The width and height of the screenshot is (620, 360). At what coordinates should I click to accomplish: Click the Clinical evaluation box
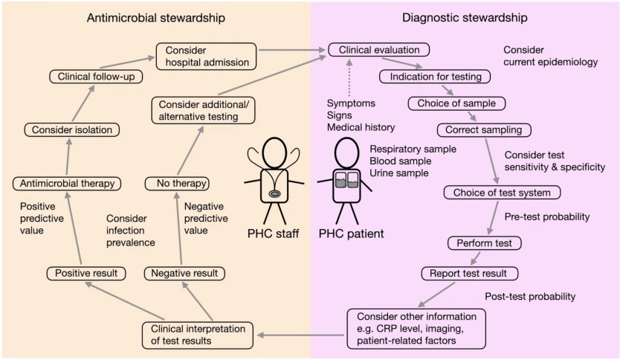pos(379,50)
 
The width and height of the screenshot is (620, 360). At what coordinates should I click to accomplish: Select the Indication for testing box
pos(435,77)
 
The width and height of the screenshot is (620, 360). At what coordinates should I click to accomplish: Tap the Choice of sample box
pos(456,103)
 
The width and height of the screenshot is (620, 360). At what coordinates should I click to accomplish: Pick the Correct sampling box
pos(484,129)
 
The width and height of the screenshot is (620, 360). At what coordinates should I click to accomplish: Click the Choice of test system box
pos(502,193)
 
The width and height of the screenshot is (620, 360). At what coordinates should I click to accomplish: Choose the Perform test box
pos(485,243)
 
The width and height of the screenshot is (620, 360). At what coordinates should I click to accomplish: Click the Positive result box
pos(86,274)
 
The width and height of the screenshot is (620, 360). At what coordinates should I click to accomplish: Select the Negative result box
pos(184,274)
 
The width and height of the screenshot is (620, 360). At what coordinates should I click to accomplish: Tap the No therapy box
pos(177,184)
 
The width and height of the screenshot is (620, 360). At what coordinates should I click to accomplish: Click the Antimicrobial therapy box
pos(67,184)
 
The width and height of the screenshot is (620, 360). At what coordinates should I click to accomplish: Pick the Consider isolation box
pos(72,129)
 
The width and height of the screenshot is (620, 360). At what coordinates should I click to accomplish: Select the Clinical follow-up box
pos(96,77)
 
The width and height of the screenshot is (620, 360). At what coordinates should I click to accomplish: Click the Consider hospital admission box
pos(206,57)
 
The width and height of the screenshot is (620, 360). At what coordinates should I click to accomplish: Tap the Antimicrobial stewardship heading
pos(156,18)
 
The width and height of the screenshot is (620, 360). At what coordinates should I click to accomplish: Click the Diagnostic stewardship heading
pos(465,18)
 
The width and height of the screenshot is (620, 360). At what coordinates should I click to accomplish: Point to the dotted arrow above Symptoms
pos(349,78)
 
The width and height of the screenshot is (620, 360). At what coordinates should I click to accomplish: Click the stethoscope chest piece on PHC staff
pos(274,194)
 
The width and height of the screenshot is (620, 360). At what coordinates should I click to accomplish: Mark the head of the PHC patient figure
pos(346,153)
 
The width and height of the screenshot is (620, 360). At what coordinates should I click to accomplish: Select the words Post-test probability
pos(530,296)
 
